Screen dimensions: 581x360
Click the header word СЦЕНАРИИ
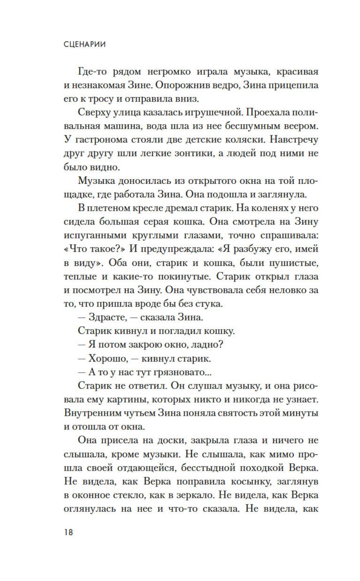click(85, 45)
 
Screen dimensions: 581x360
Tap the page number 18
click(68, 532)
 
